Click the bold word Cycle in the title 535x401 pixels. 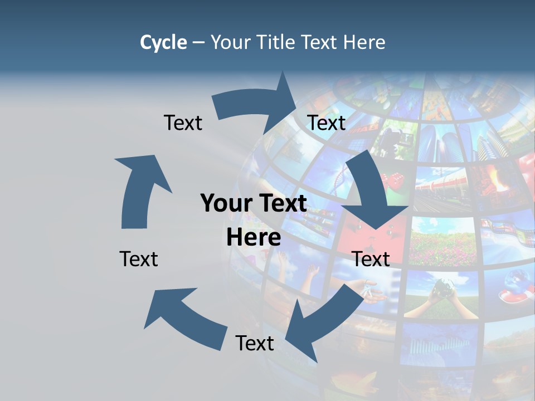pyautogui.click(x=163, y=42)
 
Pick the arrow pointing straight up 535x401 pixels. pyautogui.click(x=139, y=189)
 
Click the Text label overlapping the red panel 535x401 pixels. pyautogui.click(x=371, y=259)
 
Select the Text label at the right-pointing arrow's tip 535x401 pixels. pyautogui.click(x=327, y=123)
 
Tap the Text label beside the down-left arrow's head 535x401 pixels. pyautogui.click(x=255, y=343)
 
